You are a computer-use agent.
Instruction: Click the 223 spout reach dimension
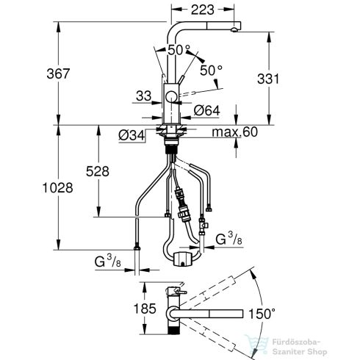(203, 10)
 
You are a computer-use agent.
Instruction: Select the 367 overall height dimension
(58, 73)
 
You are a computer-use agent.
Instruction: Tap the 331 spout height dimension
(268, 79)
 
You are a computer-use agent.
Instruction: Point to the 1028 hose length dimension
(57, 188)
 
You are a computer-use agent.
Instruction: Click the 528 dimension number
(98, 171)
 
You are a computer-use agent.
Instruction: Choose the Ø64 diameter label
(207, 111)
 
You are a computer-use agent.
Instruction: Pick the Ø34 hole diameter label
(132, 135)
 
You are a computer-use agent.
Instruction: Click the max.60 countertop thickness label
(235, 132)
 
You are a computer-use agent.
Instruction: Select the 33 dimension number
(144, 96)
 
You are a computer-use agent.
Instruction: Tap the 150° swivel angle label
(262, 314)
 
